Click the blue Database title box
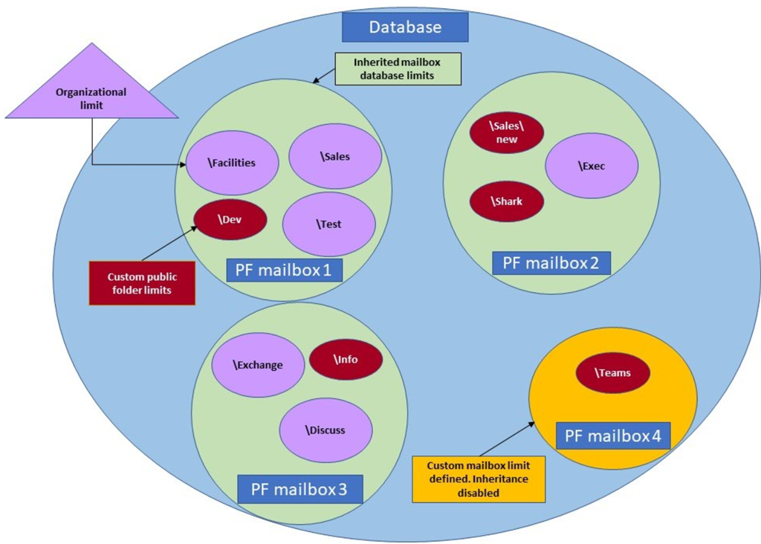[405, 27]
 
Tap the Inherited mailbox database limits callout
[398, 68]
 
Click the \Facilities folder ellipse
[232, 163]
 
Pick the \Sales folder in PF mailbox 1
[334, 156]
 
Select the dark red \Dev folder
[230, 219]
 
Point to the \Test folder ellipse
[329, 224]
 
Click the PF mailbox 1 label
[283, 269]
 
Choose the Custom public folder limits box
[142, 282]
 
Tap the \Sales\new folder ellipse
[507, 132]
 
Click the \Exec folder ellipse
[592, 166]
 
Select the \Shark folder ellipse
[507, 201]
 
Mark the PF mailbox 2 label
[551, 262]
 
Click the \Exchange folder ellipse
[258, 364]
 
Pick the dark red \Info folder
[346, 359]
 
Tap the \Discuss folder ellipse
[325, 430]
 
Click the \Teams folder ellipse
[613, 373]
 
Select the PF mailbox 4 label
[613, 435]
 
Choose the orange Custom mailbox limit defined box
[479, 479]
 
